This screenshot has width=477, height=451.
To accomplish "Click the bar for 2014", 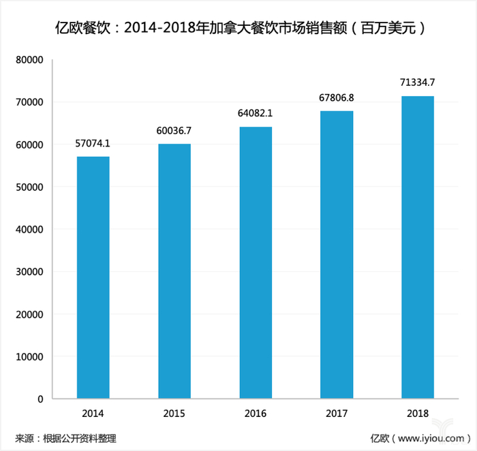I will click(93, 277).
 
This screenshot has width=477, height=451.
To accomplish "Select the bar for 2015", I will click(174, 271).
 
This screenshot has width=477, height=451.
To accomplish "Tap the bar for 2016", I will click(256, 262).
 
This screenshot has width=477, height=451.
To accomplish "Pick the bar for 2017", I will click(337, 254).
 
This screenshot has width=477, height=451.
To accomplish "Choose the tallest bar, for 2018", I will click(418, 247).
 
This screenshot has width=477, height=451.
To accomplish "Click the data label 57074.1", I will click(93, 144).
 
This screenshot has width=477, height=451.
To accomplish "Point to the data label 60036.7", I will click(174, 131).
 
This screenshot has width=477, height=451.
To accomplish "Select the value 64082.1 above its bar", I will click(256, 114).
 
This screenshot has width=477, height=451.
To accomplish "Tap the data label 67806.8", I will click(337, 98).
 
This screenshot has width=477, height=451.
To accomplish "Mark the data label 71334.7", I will click(418, 83).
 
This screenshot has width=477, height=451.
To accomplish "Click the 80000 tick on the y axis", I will click(30, 60).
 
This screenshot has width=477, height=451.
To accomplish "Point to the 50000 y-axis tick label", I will click(30, 187).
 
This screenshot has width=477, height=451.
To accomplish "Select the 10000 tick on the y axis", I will click(30, 356).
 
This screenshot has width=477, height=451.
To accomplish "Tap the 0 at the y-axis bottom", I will click(41, 399).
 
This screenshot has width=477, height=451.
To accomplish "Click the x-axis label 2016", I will click(256, 414).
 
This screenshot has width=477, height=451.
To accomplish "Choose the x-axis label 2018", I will click(418, 414).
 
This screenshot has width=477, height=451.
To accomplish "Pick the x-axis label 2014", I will click(93, 414).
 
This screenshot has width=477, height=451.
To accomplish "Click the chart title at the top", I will click(238, 29).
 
